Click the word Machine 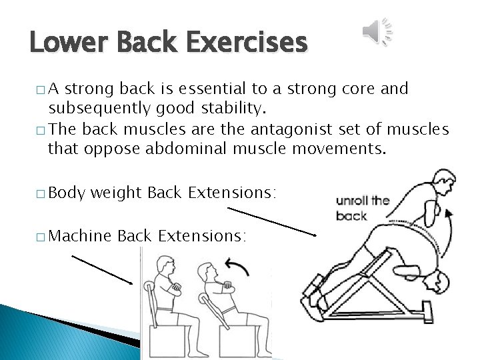[80, 236]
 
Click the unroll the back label [363, 207]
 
